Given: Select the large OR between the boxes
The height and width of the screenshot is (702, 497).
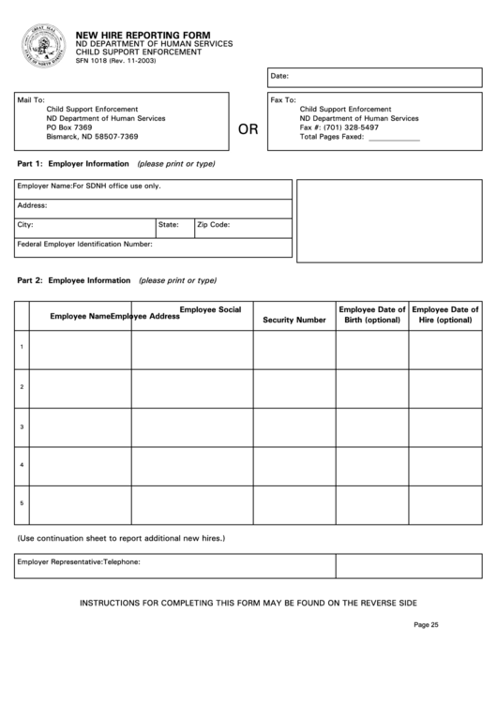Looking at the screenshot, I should click(x=248, y=129).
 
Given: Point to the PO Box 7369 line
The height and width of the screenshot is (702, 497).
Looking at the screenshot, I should click(x=69, y=127).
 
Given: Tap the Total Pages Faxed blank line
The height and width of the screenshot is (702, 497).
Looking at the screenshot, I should click(x=394, y=138).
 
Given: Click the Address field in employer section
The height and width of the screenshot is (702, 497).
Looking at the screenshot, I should click(x=152, y=205).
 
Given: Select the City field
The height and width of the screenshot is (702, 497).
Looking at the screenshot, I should click(x=84, y=225).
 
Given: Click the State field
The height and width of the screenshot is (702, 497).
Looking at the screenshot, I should click(x=173, y=225).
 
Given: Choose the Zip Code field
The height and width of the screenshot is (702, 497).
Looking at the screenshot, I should click(x=242, y=225).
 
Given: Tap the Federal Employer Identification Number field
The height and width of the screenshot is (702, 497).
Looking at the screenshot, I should click(x=152, y=245).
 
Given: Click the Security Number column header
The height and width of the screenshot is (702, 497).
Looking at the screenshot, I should click(x=294, y=320).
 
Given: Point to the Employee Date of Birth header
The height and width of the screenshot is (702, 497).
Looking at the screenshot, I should click(x=372, y=314).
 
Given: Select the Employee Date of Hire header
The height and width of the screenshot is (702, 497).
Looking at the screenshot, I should click(x=445, y=314).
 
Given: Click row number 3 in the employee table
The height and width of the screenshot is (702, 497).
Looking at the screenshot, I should click(x=22, y=426).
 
